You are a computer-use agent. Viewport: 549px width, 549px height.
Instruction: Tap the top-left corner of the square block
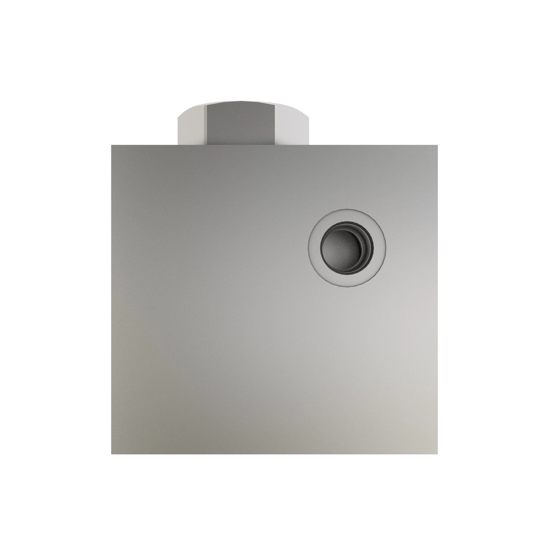pos(111,145)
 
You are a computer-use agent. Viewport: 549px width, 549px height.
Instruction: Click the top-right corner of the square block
pos(438,145)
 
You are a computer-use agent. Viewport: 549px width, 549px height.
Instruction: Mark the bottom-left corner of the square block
pos(111,454)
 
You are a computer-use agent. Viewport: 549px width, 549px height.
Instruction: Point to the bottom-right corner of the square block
pos(438,454)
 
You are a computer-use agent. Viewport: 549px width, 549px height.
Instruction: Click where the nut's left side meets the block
pos(178,145)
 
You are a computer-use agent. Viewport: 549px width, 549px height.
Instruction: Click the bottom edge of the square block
pos(274,454)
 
